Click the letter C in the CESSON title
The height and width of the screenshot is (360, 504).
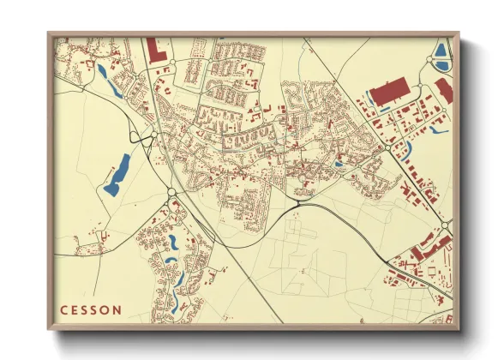tap(63, 309)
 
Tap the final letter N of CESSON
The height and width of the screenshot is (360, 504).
tap(117, 309)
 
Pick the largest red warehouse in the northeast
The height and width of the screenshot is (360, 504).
tap(390, 93)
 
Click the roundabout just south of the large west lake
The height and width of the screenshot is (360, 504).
tap(171, 192)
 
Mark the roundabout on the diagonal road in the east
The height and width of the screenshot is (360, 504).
tap(388, 147)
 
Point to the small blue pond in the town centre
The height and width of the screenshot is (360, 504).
tap(338, 164)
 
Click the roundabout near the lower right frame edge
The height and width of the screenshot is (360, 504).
tap(446, 225)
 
